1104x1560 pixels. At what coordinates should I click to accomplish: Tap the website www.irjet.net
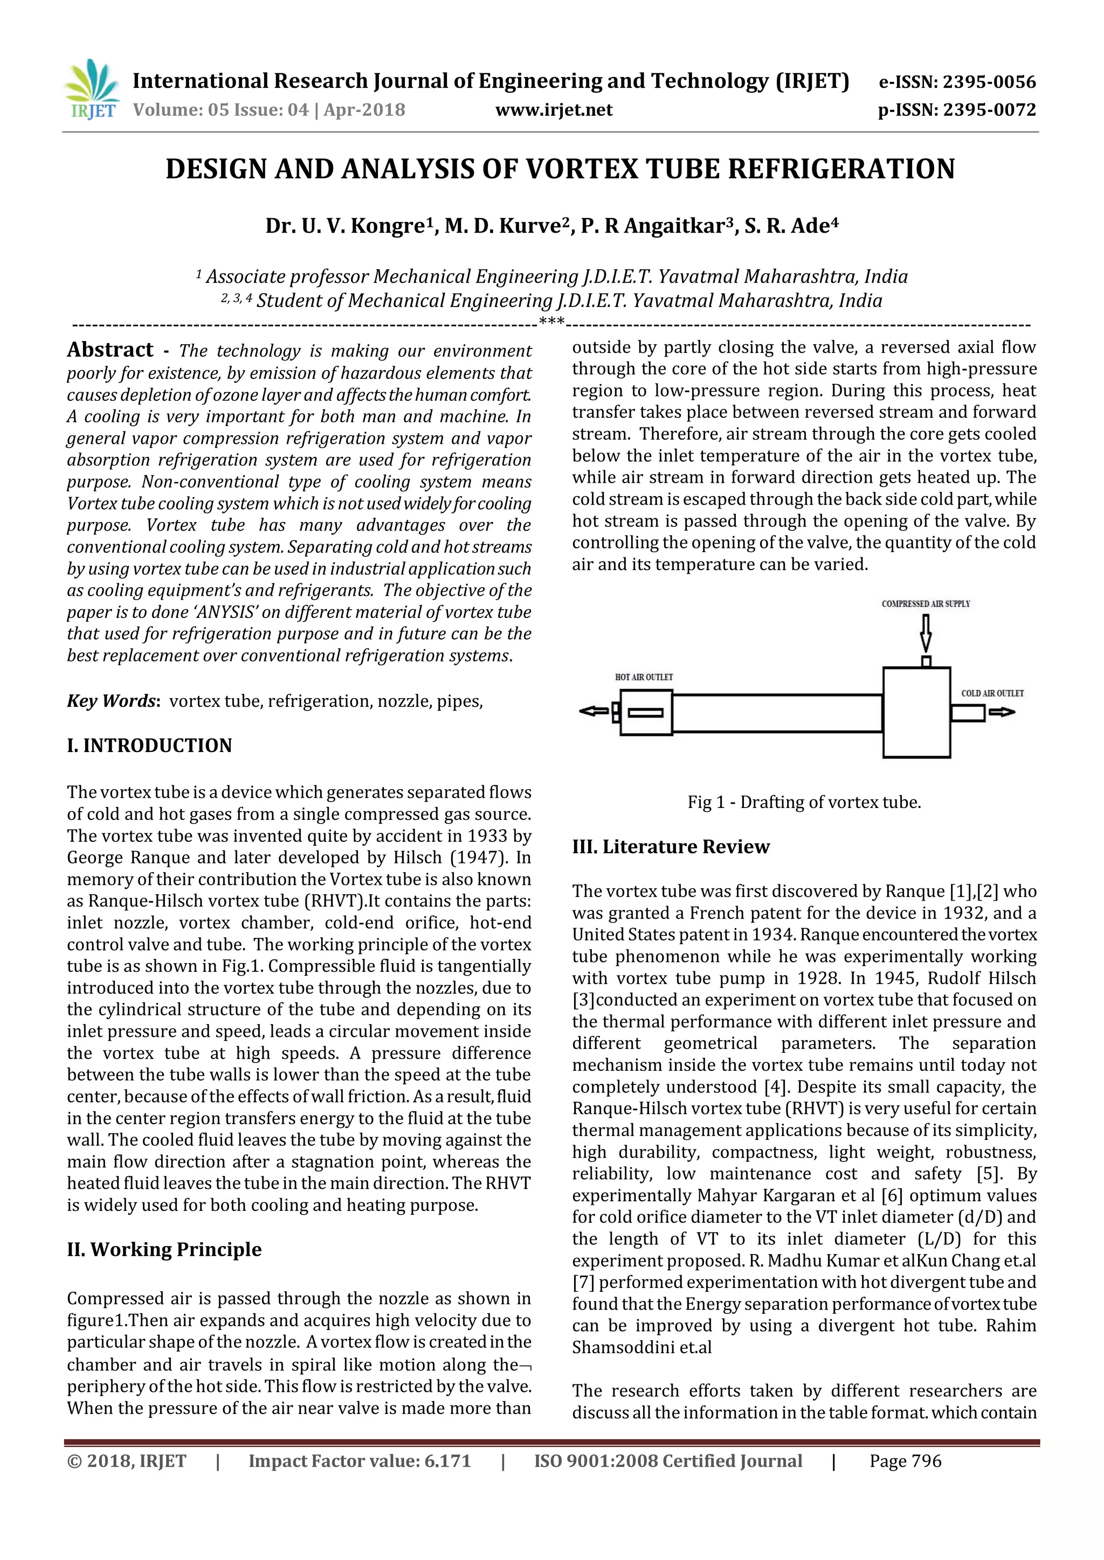(554, 110)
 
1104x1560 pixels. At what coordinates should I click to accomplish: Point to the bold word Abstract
(110, 350)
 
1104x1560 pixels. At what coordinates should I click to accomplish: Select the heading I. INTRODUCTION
(149, 746)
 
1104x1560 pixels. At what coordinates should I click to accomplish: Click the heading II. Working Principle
(164, 1250)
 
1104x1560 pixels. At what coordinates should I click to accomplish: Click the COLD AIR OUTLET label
(992, 693)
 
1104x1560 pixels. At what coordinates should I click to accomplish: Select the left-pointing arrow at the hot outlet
(594, 712)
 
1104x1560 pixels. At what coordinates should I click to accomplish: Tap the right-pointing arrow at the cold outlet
(1002, 712)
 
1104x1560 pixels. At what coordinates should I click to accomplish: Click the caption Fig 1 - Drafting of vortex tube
(804, 803)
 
